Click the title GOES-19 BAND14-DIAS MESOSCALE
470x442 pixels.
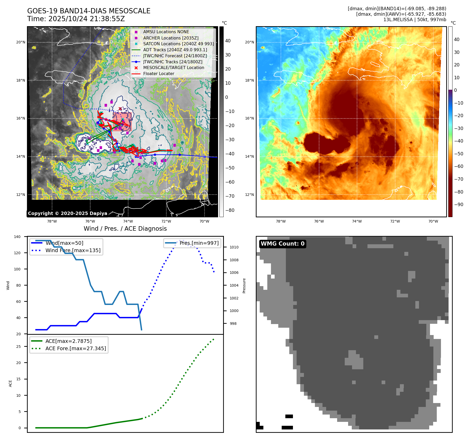click(x=89, y=11)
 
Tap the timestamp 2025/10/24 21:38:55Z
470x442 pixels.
click(x=87, y=19)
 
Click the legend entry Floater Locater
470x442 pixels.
click(x=158, y=73)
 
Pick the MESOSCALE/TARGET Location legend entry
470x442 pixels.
click(x=173, y=67)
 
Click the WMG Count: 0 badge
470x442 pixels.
click(x=282, y=244)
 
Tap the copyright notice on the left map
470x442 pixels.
click(x=67, y=213)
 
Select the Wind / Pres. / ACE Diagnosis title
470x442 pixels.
click(x=125, y=229)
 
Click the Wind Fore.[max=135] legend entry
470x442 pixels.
click(x=73, y=250)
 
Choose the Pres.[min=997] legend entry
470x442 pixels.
click(x=199, y=243)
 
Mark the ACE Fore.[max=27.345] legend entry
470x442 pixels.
click(x=76, y=348)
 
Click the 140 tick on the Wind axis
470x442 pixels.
click(x=17, y=237)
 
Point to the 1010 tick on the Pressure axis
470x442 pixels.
click(x=234, y=247)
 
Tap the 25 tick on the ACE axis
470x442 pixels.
click(x=19, y=347)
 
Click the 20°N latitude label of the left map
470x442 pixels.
click(x=21, y=42)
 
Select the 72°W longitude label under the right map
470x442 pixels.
click(x=395, y=221)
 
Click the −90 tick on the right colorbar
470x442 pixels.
click(x=458, y=205)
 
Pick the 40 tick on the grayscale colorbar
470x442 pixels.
click(x=228, y=41)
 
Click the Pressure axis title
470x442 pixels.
click(x=244, y=286)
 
